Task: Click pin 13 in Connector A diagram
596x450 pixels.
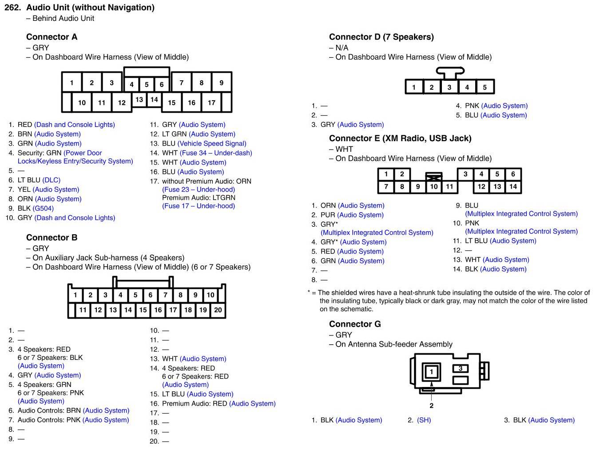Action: coord(139,99)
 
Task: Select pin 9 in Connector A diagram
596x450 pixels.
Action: coord(221,83)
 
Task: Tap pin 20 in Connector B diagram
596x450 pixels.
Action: coord(218,310)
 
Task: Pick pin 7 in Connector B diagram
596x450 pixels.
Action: coord(165,295)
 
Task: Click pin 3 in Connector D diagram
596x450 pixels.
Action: coord(449,87)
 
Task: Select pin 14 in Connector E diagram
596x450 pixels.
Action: coord(513,186)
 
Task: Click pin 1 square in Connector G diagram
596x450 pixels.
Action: coord(431,371)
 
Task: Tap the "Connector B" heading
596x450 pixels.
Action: coord(52,237)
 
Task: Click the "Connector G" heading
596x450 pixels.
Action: coord(354,324)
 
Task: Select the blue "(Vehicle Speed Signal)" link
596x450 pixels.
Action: coord(211,143)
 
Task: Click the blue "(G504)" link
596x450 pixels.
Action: coord(43,208)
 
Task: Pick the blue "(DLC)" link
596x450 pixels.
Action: coord(51,180)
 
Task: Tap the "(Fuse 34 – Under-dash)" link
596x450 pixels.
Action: coord(216,153)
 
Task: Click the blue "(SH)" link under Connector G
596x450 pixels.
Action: coord(424,420)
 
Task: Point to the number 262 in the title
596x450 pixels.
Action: coord(12,8)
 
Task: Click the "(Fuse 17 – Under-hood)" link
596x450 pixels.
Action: coord(199,205)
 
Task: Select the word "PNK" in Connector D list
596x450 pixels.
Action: coord(472,106)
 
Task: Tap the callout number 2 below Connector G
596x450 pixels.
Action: coord(431,405)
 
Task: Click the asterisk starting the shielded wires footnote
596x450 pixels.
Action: coord(309,292)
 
